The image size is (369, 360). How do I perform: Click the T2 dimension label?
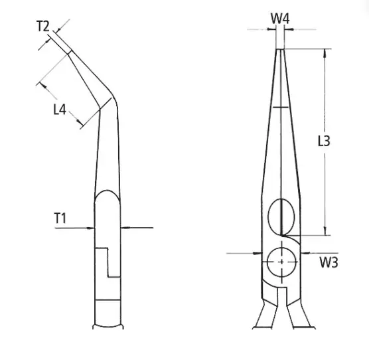pyautogui.click(x=43, y=26)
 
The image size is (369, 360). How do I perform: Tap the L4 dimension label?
pyautogui.click(x=60, y=110)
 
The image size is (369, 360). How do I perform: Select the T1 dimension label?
pyautogui.click(x=60, y=218)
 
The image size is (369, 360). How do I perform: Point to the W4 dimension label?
pyautogui.click(x=280, y=19)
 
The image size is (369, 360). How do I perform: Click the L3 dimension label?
pyautogui.click(x=324, y=141)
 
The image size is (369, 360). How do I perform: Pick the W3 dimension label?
pyautogui.click(x=329, y=262)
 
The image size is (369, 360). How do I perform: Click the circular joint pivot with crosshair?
pyautogui.click(x=281, y=262)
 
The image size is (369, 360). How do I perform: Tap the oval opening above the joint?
pyautogui.click(x=281, y=216)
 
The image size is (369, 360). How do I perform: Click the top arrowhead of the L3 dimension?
pyautogui.click(x=325, y=53)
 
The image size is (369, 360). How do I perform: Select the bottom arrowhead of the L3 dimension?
pyautogui.click(x=325, y=231)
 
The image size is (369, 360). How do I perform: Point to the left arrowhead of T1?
pyautogui.click(x=90, y=228)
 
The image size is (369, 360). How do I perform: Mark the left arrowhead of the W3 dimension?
pyautogui.click(x=258, y=253)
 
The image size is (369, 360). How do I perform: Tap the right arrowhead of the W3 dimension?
pyautogui.click(x=305, y=253)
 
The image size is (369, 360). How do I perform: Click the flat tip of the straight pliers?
pyautogui.click(x=280, y=49)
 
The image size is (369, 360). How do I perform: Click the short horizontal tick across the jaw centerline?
pyautogui.click(x=281, y=108)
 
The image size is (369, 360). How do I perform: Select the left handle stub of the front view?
pyautogui.click(x=265, y=315)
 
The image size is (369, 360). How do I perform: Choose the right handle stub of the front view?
pyautogui.click(x=301, y=315)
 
